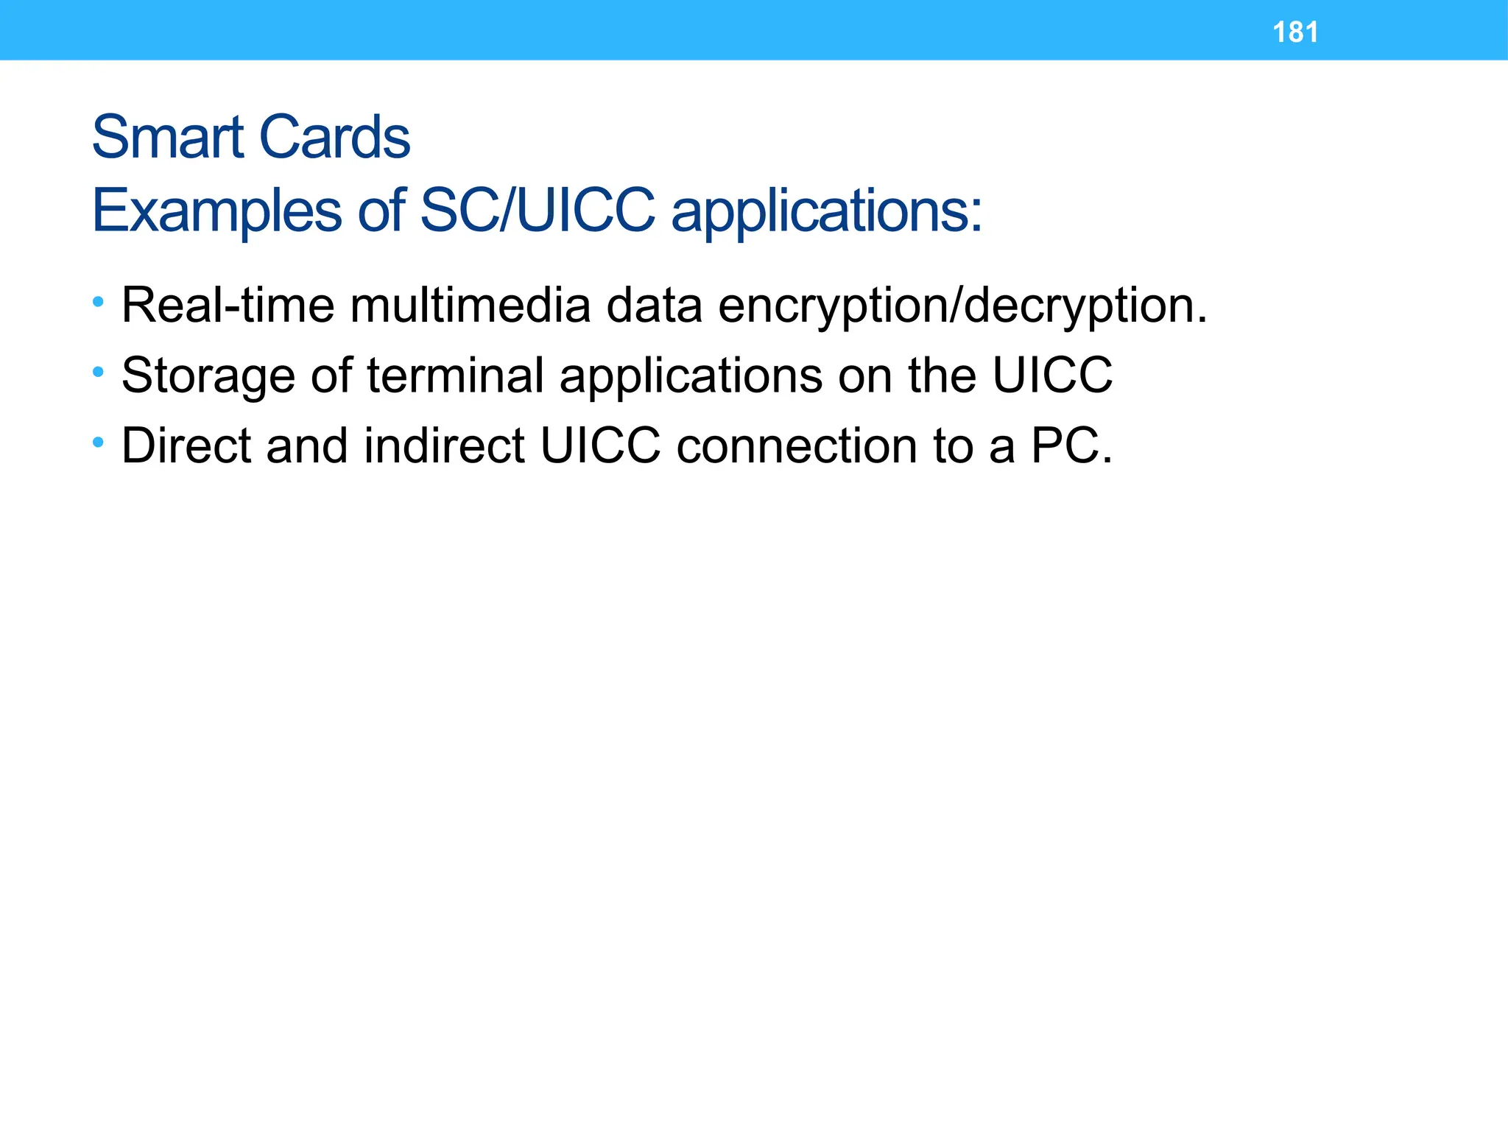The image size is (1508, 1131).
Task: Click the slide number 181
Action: point(1295,32)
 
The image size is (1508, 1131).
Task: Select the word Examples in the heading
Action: point(216,211)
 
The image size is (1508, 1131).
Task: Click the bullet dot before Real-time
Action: point(99,302)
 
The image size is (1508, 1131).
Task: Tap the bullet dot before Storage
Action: point(99,372)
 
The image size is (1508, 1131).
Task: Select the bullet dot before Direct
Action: point(99,443)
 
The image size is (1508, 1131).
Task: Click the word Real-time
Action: point(228,305)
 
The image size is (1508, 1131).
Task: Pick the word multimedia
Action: point(470,305)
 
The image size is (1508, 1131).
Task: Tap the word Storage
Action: point(208,376)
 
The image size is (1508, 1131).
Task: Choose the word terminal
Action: point(455,375)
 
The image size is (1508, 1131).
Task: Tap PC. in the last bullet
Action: point(1071,445)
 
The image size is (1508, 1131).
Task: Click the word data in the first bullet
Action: point(654,305)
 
